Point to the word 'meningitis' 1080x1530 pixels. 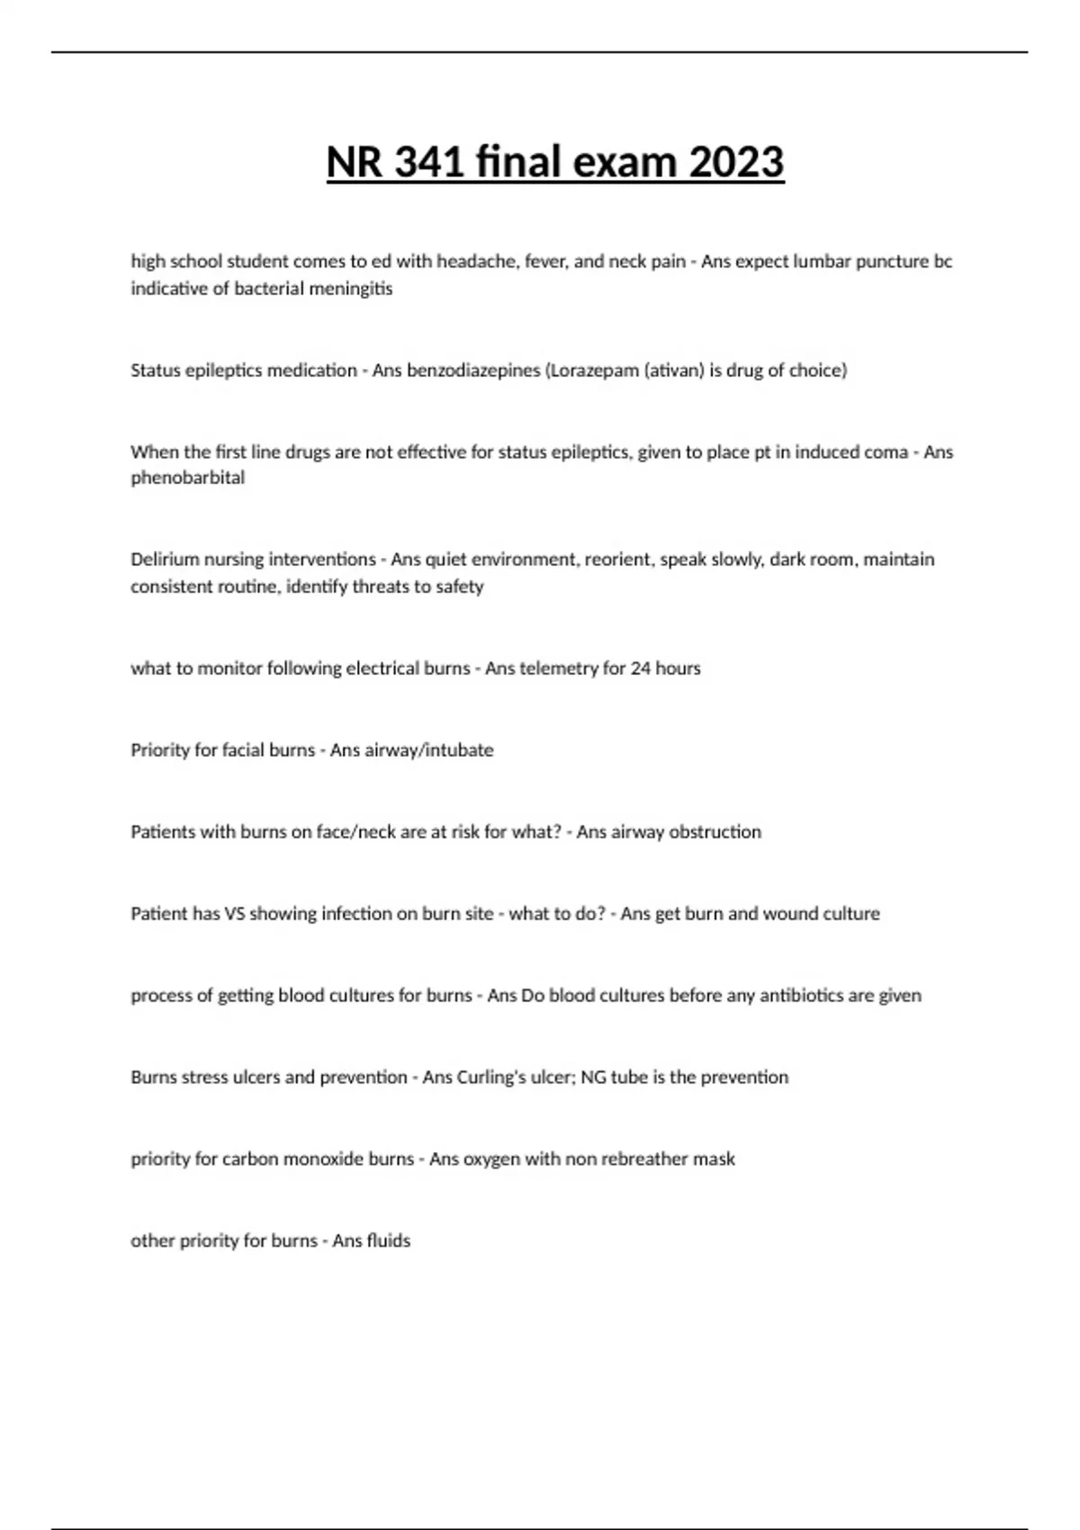(352, 289)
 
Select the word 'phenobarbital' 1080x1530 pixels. (187, 478)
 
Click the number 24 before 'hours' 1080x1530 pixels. (641, 669)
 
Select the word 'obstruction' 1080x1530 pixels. (716, 832)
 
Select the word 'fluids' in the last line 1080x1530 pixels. (389, 1241)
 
